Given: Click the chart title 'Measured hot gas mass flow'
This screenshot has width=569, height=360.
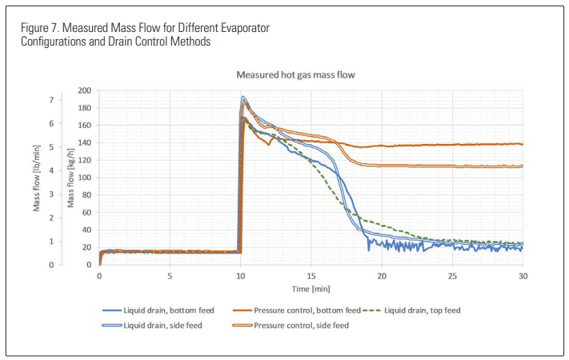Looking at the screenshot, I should [295, 74].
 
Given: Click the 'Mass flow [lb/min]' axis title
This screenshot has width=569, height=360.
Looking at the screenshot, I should [37, 178].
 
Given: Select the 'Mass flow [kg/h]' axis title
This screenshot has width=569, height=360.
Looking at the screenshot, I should [70, 178].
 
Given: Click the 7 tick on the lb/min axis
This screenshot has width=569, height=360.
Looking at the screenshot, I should [52, 100].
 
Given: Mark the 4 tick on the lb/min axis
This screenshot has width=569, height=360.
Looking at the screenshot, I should [52, 170].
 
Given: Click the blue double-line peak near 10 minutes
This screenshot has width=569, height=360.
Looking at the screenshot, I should [243, 98].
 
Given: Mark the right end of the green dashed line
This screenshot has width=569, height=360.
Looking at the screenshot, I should [522, 243].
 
